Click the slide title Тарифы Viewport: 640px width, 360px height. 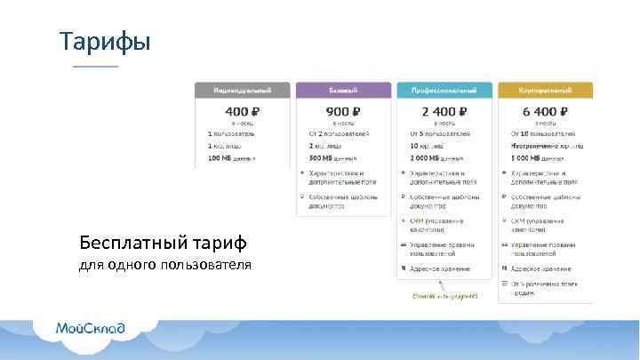tap(105, 41)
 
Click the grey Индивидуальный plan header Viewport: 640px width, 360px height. tap(243, 91)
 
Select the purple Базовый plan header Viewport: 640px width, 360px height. tap(343, 91)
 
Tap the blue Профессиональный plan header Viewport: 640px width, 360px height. tap(444, 91)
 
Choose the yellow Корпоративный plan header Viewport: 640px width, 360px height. tap(545, 91)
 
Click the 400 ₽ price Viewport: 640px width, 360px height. tap(243, 111)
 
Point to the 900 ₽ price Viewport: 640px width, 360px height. tap(343, 111)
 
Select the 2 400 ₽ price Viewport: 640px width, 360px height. tap(444, 111)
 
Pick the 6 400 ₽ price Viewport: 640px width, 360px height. tap(545, 111)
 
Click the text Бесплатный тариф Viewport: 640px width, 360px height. tap(163, 242)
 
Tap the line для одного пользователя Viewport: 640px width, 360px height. tap(164, 265)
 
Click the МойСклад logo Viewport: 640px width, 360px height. tap(91, 328)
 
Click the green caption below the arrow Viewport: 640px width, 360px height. tap(444, 295)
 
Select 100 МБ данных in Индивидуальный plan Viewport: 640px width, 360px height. tap(231, 157)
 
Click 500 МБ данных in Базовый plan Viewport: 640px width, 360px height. tap(332, 157)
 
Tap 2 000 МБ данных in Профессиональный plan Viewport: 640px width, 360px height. tap(433, 157)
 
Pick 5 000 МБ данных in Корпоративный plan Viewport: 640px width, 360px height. tap(534, 157)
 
